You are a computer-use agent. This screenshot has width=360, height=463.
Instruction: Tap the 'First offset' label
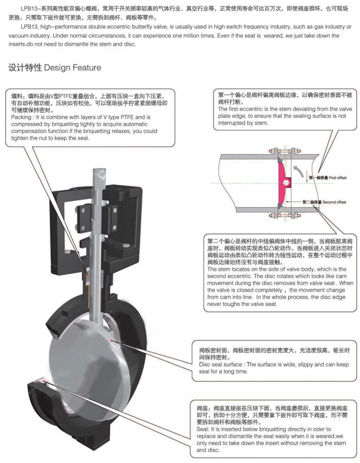(x=337, y=177)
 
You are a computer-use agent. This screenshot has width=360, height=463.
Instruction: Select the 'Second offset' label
(x=334, y=202)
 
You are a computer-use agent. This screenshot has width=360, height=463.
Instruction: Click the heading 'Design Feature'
(x=73, y=67)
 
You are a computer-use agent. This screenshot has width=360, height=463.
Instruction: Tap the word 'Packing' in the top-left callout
(x=22, y=117)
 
